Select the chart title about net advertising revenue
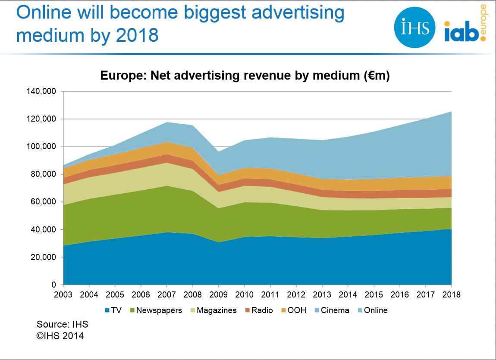tap(245, 76)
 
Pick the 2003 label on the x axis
tap(63, 295)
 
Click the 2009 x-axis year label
tap(219, 295)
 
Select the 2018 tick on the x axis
tap(452, 295)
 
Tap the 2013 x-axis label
tap(323, 295)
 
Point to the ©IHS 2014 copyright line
tap(60, 335)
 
